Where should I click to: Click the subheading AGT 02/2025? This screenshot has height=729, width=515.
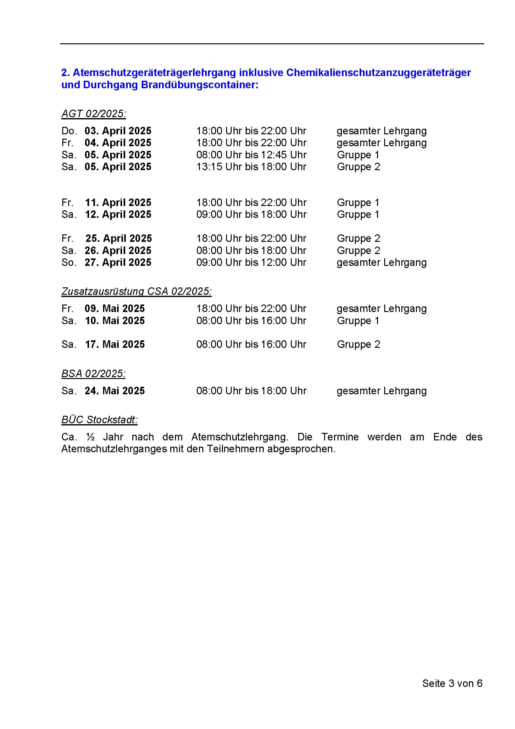pyautogui.click(x=93, y=114)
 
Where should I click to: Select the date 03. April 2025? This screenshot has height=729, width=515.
pyautogui.click(x=118, y=131)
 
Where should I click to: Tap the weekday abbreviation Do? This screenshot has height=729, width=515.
pyautogui.click(x=69, y=131)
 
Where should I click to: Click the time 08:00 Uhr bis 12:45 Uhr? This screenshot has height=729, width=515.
pyautogui.click(x=251, y=155)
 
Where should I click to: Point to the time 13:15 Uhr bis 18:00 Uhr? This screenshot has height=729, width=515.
pyautogui.click(x=251, y=167)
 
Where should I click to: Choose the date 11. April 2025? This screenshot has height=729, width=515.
pyautogui.click(x=118, y=203)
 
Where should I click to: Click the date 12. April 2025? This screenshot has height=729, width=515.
pyautogui.click(x=118, y=215)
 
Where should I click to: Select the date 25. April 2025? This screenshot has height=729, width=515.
pyautogui.click(x=119, y=238)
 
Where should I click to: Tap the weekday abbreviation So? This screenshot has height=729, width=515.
pyautogui.click(x=69, y=262)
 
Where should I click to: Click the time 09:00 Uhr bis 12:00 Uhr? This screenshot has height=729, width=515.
pyautogui.click(x=251, y=262)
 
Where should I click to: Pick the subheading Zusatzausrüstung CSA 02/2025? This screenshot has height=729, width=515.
pyautogui.click(x=136, y=291)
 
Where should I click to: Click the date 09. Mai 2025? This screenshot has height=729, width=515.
pyautogui.click(x=115, y=309)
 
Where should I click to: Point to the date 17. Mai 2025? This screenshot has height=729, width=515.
pyautogui.click(x=115, y=344)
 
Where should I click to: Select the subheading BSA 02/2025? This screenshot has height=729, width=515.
pyautogui.click(x=93, y=374)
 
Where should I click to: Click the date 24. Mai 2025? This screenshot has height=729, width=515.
pyautogui.click(x=115, y=391)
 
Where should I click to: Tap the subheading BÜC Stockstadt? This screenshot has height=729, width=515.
pyautogui.click(x=99, y=420)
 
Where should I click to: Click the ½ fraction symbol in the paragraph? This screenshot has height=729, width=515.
pyautogui.click(x=90, y=437)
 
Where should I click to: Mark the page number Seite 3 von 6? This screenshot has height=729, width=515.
pyautogui.click(x=452, y=683)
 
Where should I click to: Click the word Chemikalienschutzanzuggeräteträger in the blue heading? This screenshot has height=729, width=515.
pyautogui.click(x=378, y=73)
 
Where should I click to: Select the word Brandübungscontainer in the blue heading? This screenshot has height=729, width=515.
pyautogui.click(x=200, y=85)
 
